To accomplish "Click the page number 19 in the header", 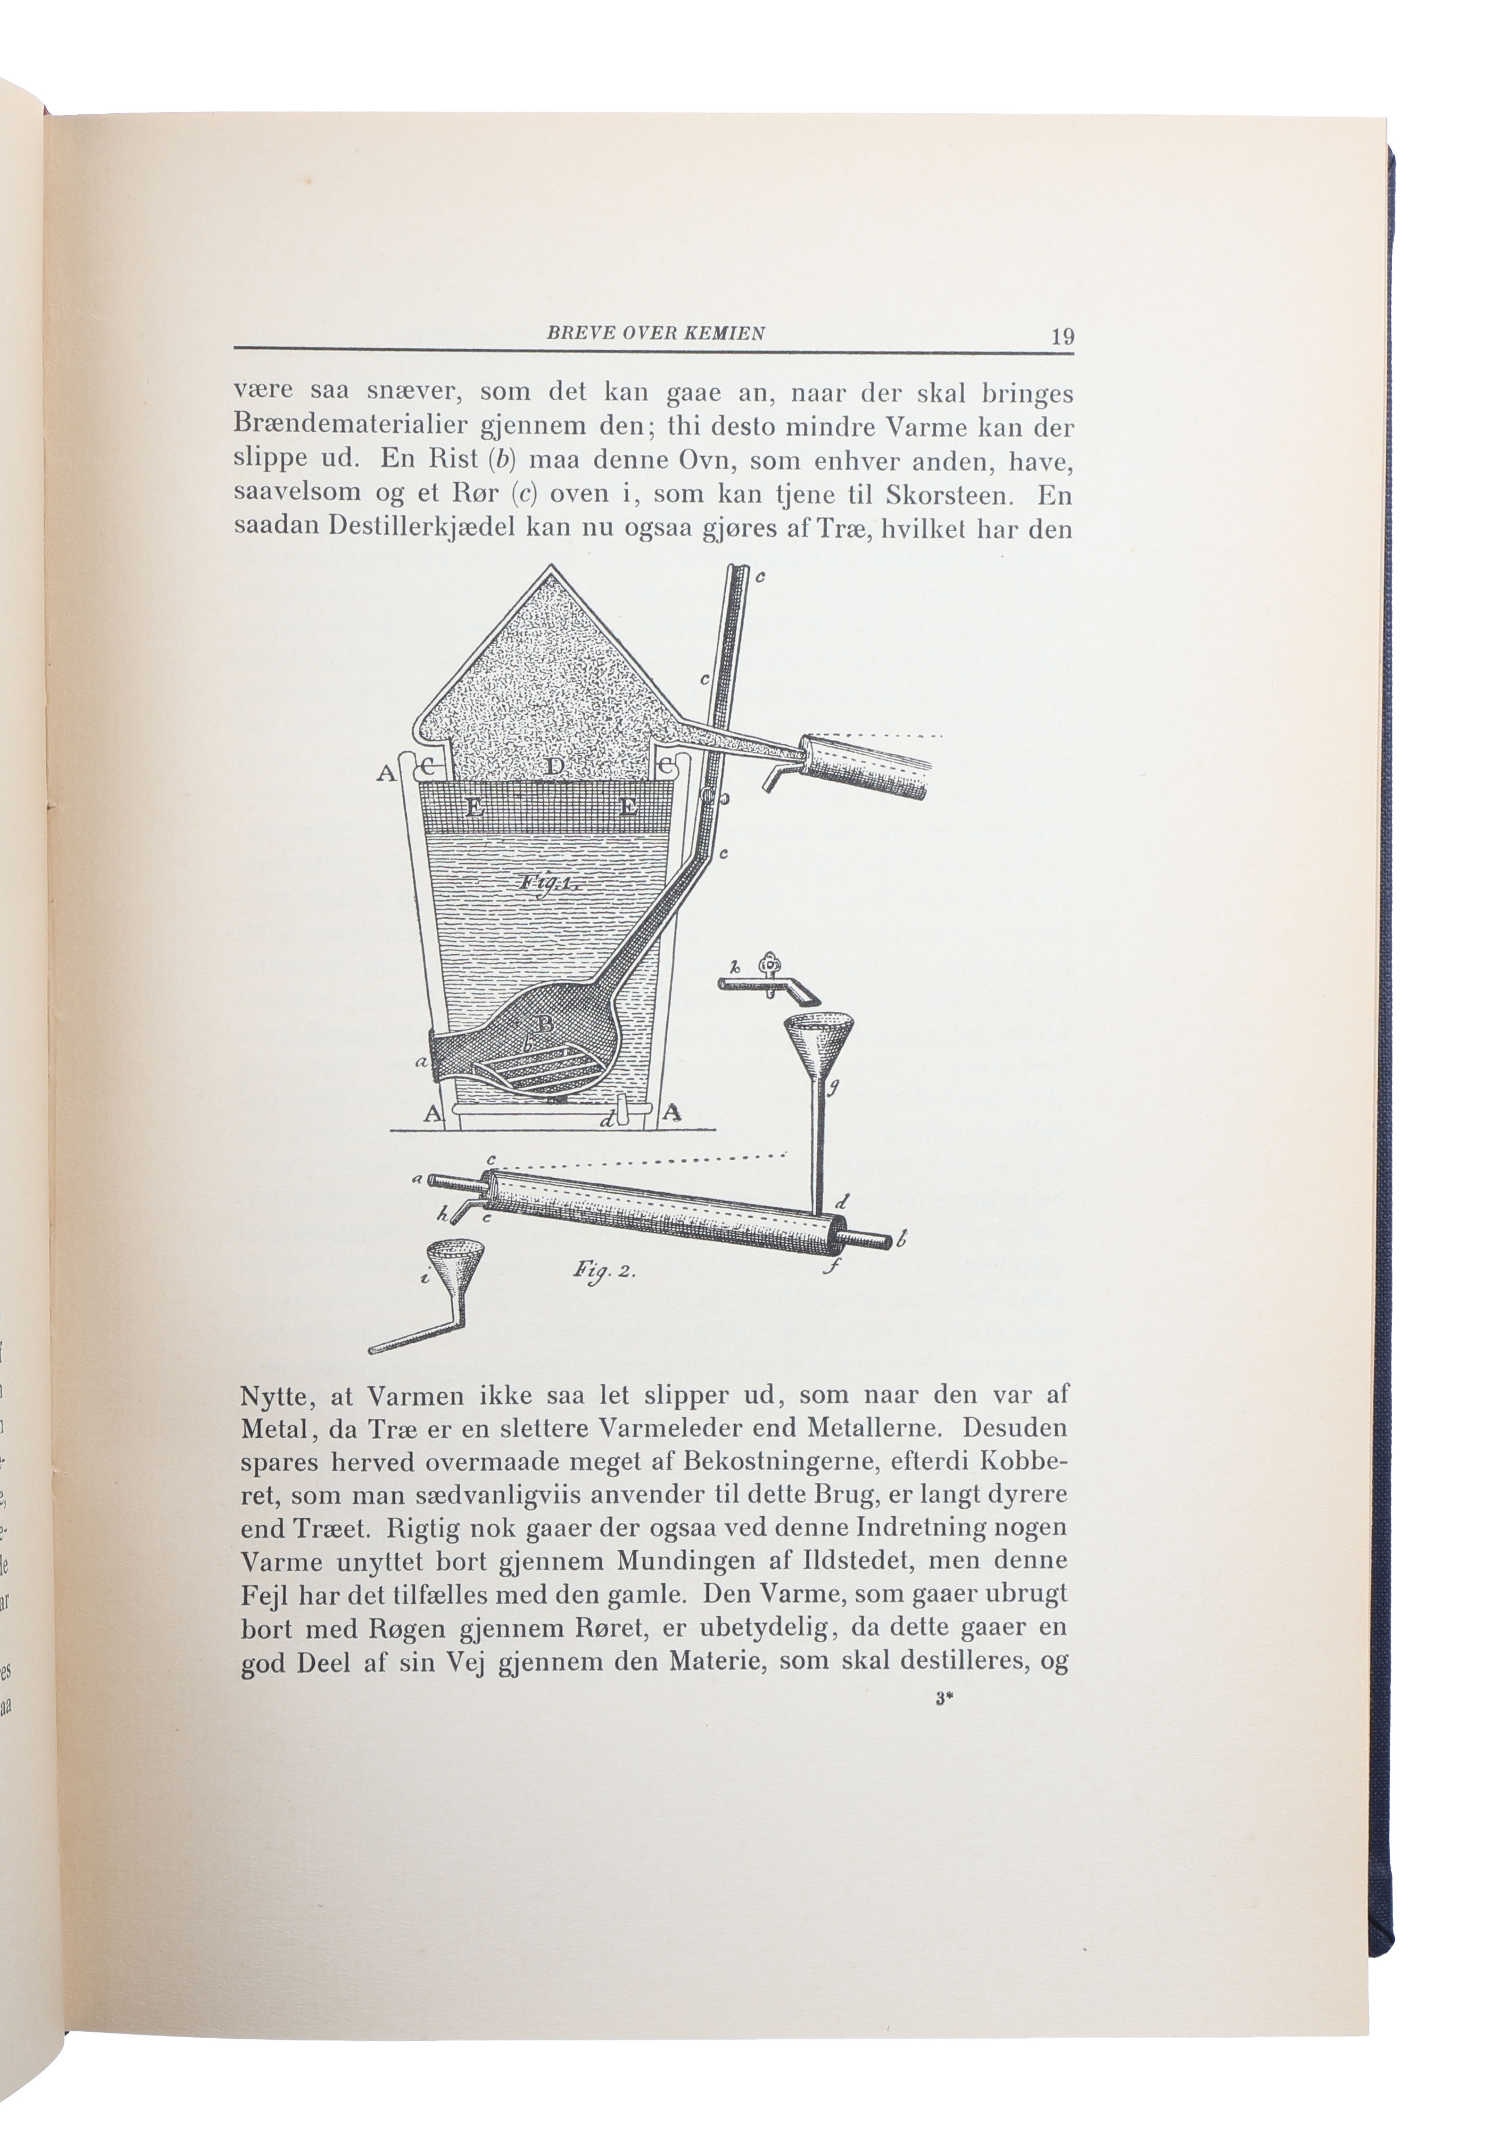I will click(x=1063, y=336).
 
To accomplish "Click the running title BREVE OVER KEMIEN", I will click(x=655, y=333).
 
